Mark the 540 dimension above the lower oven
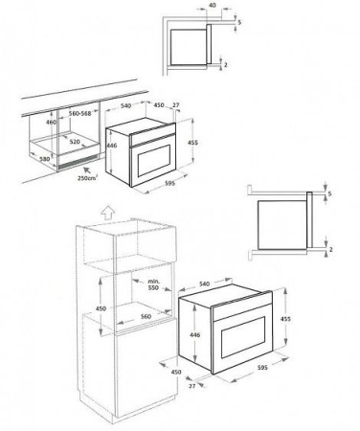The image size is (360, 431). pyautogui.click(x=205, y=284)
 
